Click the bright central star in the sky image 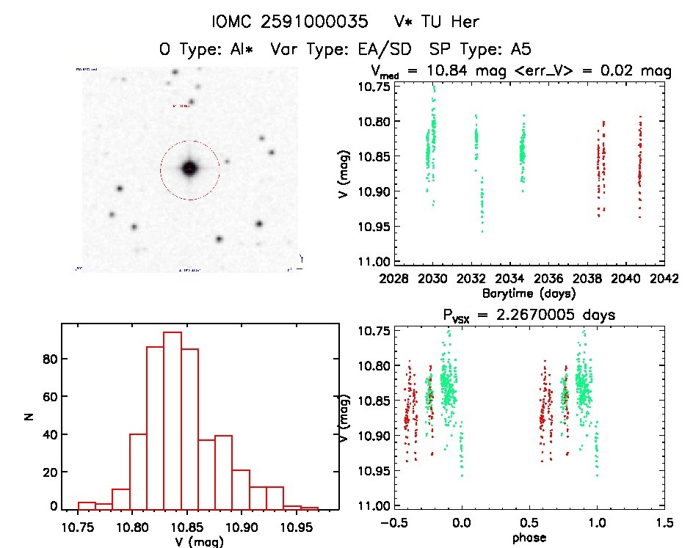(189, 169)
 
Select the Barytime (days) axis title (529, 293)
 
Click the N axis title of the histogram (30, 417)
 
